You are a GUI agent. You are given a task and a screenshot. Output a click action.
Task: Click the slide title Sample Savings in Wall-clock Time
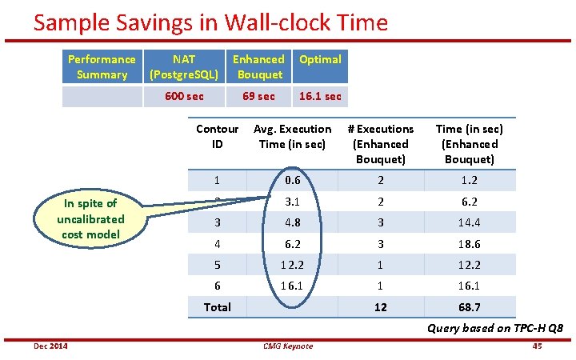point(210,22)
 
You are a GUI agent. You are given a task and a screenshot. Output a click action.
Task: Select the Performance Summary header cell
point(102,67)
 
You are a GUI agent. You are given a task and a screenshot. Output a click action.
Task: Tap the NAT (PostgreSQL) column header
point(184,67)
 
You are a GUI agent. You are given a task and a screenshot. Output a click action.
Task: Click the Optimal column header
point(320,59)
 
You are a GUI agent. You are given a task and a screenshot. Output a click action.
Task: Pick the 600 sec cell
point(184,96)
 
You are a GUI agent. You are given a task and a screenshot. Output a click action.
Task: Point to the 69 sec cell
point(258,96)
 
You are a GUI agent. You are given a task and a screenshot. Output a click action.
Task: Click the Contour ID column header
point(217,137)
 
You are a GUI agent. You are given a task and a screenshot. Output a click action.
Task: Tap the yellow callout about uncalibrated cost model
point(90,218)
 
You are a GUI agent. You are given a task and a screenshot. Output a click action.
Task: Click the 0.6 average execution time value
point(292,181)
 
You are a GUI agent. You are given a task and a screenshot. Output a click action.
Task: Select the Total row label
point(217,307)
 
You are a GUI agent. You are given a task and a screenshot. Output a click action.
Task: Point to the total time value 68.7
point(468,307)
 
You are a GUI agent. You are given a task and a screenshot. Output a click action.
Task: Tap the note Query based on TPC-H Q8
point(495,328)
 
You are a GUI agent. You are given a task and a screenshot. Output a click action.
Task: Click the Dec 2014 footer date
point(50,346)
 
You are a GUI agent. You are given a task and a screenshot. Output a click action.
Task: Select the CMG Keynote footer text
point(288,346)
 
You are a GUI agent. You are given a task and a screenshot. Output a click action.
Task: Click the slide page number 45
point(537,346)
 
